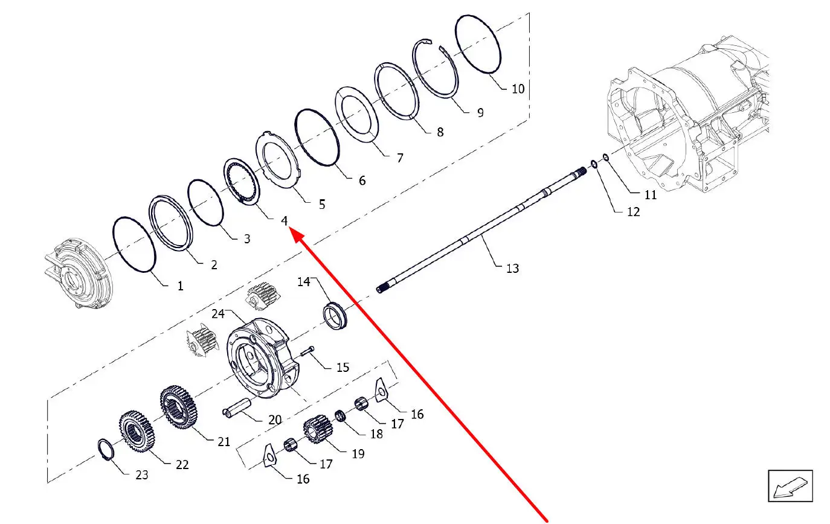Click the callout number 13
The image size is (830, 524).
512,268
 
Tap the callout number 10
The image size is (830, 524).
518,89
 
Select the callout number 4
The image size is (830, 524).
284,221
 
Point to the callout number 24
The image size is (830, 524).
218,314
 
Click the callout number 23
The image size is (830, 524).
141,474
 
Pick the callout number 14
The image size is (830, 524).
303,282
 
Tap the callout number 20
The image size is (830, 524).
275,420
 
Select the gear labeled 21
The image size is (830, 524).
179,407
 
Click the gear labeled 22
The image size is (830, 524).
137,431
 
